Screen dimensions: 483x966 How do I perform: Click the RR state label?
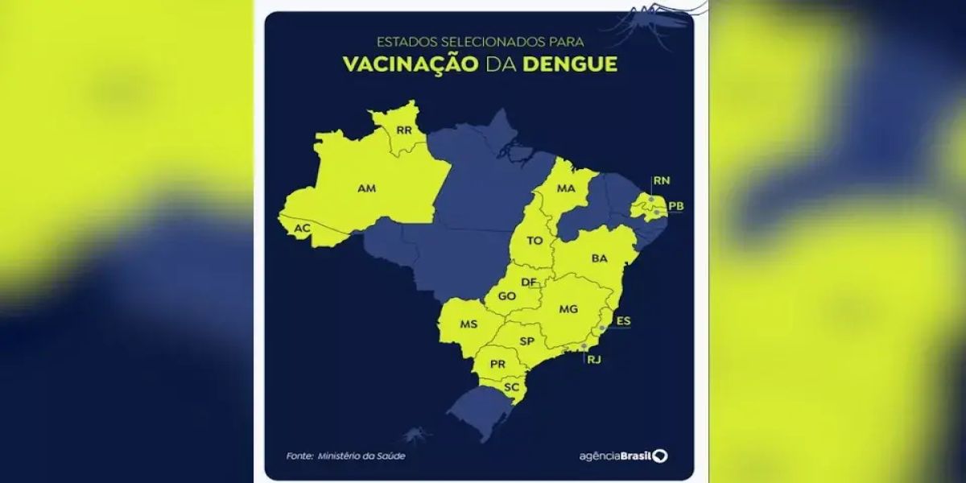pyautogui.click(x=403, y=130)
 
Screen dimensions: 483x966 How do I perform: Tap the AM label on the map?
pyautogui.click(x=366, y=189)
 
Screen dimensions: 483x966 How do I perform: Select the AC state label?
pyautogui.click(x=302, y=229)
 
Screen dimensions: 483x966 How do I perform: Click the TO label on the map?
pyautogui.click(x=535, y=241)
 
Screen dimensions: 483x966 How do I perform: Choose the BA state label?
pyautogui.click(x=599, y=258)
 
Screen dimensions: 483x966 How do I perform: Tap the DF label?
pyautogui.click(x=529, y=282)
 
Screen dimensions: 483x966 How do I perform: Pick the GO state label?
pyautogui.click(x=506, y=296)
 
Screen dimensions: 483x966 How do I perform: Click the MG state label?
pyautogui.click(x=568, y=309)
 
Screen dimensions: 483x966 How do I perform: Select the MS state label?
pyautogui.click(x=469, y=324)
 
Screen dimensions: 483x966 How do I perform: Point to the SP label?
pyautogui.click(x=527, y=341)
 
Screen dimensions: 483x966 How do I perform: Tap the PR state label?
pyautogui.click(x=497, y=364)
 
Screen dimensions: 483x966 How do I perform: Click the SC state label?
pyautogui.click(x=510, y=387)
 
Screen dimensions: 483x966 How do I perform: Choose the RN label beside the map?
pyautogui.click(x=662, y=180)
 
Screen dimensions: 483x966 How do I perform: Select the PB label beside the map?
pyautogui.click(x=676, y=207)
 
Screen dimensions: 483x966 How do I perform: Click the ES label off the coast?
pyautogui.click(x=623, y=321)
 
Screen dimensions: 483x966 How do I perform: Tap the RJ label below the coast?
pyautogui.click(x=594, y=360)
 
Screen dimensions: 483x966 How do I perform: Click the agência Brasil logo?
pyautogui.click(x=623, y=456)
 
